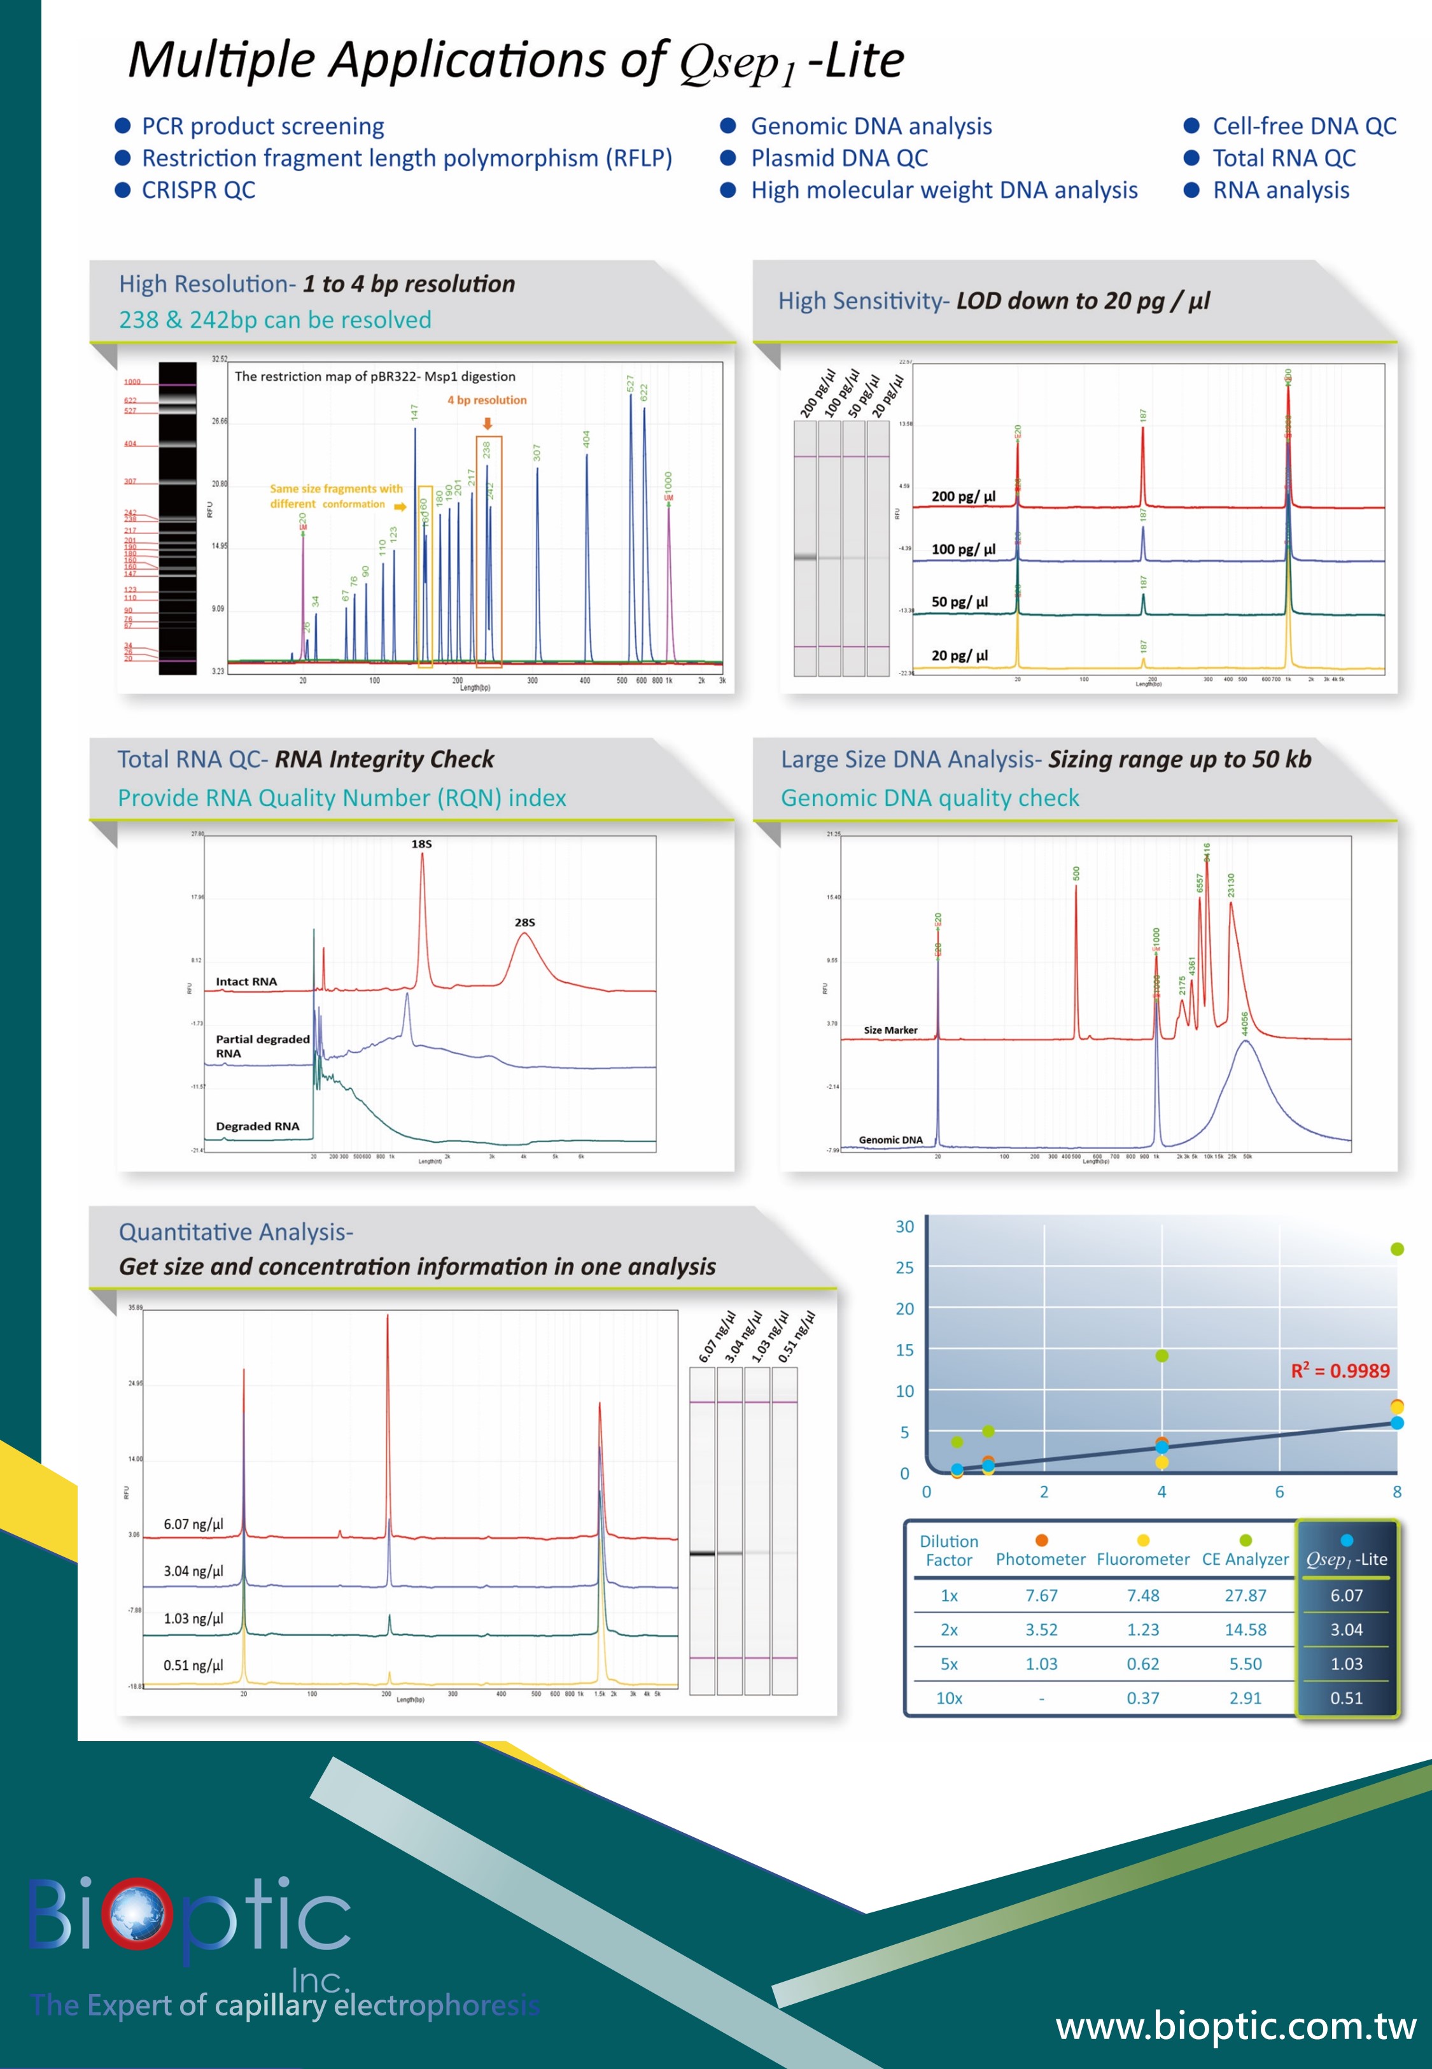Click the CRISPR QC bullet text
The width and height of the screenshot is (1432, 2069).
tap(199, 190)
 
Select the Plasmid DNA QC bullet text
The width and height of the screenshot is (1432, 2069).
tap(839, 158)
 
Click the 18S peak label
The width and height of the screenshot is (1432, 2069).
tap(422, 844)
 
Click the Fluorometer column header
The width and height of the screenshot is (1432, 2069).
tap(1142, 1559)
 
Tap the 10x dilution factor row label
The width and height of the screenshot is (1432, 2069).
tap(950, 1698)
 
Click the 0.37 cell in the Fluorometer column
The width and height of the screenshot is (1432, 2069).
tap(1142, 1698)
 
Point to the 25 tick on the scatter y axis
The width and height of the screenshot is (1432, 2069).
tap(904, 1268)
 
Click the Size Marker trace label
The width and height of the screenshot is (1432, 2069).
tap(890, 1030)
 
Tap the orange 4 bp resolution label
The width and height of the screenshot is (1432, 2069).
tap(488, 400)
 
